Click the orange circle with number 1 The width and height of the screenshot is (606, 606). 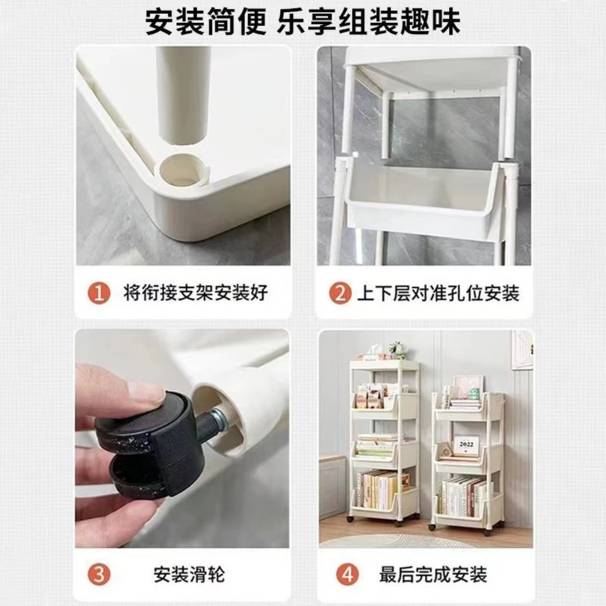99,293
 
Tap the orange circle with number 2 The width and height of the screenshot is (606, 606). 340,293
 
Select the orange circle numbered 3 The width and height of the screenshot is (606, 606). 99,575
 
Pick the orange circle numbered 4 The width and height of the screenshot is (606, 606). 347,575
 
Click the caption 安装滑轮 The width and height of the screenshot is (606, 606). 189,575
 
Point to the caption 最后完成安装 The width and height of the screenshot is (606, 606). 433,575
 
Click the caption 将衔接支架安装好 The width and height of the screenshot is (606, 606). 196,293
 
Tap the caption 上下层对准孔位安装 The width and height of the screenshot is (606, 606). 438,293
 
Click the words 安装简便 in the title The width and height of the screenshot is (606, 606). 206,22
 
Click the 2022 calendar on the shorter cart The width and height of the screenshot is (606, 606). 466,446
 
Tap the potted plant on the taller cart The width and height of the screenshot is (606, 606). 397,349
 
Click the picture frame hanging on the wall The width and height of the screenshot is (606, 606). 522,349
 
